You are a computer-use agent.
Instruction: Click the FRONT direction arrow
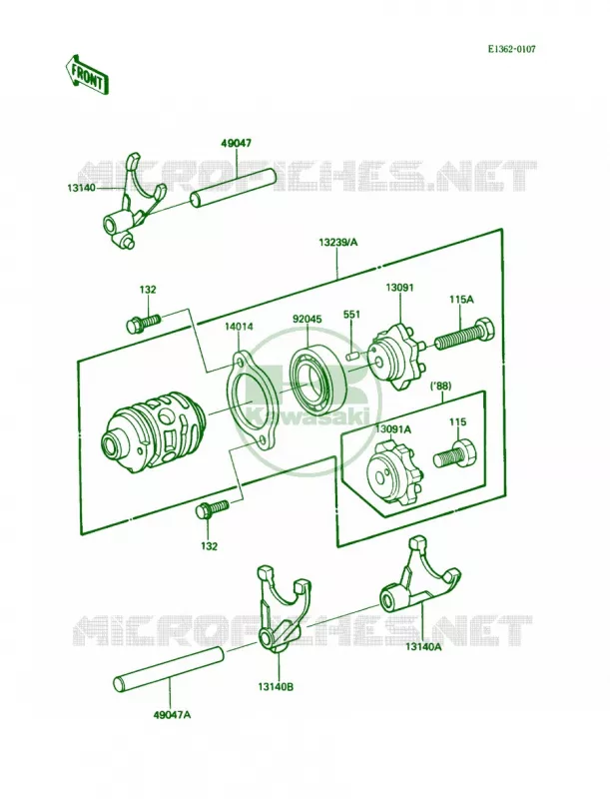coord(87,75)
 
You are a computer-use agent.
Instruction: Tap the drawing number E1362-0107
coord(512,49)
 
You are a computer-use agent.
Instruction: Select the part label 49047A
coord(171,715)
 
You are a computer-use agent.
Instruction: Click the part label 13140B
coord(276,687)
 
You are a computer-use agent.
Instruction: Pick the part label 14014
coord(239,327)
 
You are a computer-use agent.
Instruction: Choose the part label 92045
coord(306,320)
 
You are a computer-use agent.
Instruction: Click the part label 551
coord(351,315)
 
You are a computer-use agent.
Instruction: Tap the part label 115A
coord(461,300)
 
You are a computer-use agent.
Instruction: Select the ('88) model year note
coord(441,386)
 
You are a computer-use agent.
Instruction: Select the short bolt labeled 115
coord(455,454)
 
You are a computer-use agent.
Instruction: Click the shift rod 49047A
coord(168,668)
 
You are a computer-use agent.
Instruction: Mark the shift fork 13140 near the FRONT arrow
coord(134,202)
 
